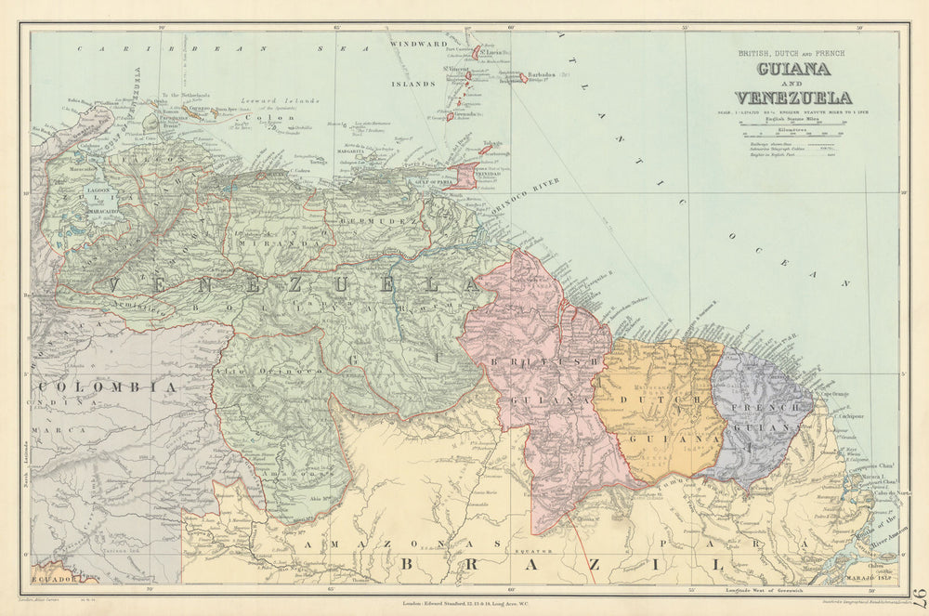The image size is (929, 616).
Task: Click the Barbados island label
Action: point(540,75)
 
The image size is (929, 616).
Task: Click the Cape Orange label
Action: point(833,395)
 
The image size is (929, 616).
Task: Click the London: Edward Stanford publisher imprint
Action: point(464,605)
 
